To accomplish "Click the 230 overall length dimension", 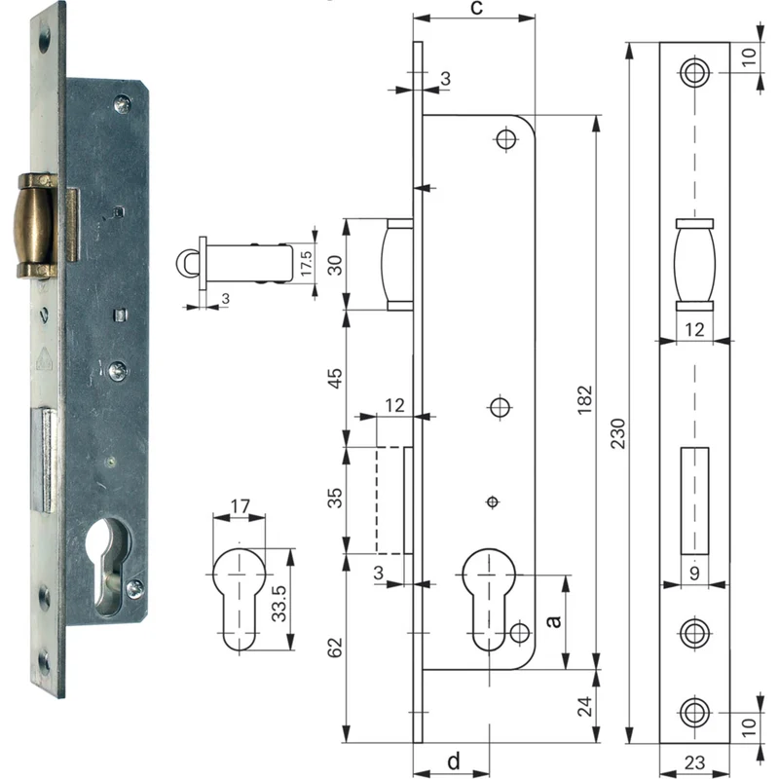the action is (618, 433).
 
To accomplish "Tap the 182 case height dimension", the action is (585, 399).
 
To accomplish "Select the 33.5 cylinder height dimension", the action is (279, 603).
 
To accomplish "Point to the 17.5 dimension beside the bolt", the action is (306, 263).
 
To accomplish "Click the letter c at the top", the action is (476, 8).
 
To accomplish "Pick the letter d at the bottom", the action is (454, 760).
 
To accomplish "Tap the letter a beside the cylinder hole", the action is (553, 621).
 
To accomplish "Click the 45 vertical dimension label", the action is (336, 379).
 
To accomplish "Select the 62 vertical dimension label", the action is (335, 648).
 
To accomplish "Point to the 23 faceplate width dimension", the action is (694, 762).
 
